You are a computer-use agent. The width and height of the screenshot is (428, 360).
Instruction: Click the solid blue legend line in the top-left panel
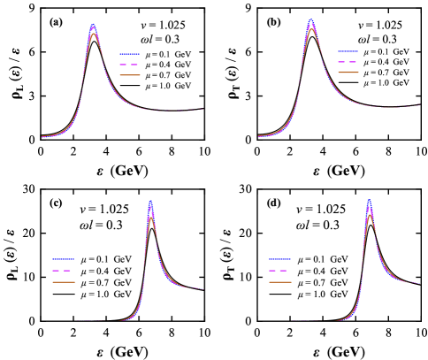coord(130,54)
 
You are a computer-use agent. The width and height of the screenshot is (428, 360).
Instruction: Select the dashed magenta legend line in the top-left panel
coord(130,65)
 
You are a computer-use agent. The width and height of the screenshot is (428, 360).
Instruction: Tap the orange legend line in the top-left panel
coord(130,75)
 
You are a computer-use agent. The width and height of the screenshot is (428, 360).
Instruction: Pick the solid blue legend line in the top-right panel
coord(348,51)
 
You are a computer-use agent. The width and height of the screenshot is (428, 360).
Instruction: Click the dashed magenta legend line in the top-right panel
coord(348,63)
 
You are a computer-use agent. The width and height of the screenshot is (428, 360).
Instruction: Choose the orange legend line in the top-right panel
coord(348,73)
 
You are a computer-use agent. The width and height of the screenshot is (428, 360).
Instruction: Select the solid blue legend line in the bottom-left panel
coord(63,259)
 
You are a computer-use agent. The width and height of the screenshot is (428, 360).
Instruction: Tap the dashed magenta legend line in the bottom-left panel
coord(63,271)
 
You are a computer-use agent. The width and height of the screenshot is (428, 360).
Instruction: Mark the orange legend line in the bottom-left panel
coord(63,281)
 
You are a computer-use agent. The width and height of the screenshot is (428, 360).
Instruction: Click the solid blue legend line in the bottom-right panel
coord(279,259)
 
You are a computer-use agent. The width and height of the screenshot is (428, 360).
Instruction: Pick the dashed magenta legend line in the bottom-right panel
coord(279,271)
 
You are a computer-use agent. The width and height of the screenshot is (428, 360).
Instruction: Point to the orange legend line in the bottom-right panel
coord(279,281)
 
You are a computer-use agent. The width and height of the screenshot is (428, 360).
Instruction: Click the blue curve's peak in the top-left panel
coord(94,25)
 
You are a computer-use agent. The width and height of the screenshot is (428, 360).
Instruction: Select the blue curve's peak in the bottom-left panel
coord(150,202)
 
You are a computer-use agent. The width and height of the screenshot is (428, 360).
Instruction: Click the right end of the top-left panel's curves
coord(203,109)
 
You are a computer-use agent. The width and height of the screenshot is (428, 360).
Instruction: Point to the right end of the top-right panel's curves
coord(419,105)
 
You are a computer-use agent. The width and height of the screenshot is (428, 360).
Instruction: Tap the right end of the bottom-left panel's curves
coord(204,289)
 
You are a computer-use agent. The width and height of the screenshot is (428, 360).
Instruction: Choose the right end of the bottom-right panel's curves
coord(420,283)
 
